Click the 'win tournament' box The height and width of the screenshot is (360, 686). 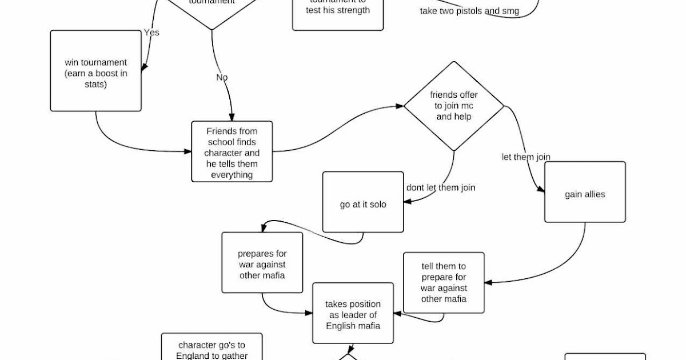[x=95, y=71]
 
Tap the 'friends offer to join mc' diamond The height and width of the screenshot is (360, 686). [x=454, y=106]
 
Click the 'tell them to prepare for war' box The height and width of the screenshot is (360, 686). [x=444, y=282]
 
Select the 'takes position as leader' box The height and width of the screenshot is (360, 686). [x=353, y=314]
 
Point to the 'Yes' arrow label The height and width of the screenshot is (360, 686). [x=151, y=33]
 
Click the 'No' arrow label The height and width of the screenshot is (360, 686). [x=222, y=77]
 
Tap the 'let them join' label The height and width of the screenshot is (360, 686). [x=526, y=157]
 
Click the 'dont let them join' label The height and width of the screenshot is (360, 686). [x=440, y=187]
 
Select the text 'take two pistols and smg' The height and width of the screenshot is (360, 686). [x=469, y=11]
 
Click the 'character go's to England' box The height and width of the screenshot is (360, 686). [x=212, y=349]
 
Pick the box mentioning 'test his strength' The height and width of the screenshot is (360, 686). [x=337, y=11]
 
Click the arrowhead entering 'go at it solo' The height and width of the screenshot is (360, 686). [x=406, y=201]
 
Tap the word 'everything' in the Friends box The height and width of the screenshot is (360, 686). [x=232, y=175]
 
